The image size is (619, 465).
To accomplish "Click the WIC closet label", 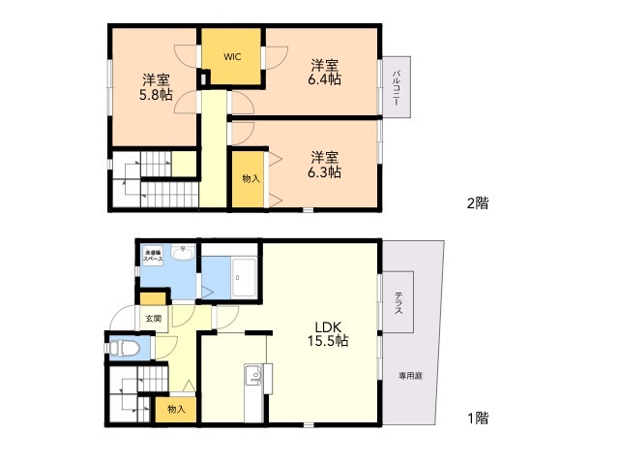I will [232, 57].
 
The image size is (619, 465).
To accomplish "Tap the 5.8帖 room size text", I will [156, 95].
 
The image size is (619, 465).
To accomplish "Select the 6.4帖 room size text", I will [324, 80].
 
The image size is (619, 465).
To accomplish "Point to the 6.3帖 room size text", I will [324, 171].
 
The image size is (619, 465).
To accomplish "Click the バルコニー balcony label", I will [397, 88].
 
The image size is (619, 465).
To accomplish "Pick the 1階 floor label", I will [477, 418].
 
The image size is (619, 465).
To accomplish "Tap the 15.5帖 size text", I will [328, 341].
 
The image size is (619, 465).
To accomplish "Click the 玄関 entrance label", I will [154, 318].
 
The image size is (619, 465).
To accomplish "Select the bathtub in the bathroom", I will [244, 278].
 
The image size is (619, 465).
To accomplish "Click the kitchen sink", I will [254, 373].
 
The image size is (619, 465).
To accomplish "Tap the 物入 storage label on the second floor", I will [251, 179].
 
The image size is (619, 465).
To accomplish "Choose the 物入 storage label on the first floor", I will [176, 410].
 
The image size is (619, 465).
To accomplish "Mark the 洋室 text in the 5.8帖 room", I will [156, 79].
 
